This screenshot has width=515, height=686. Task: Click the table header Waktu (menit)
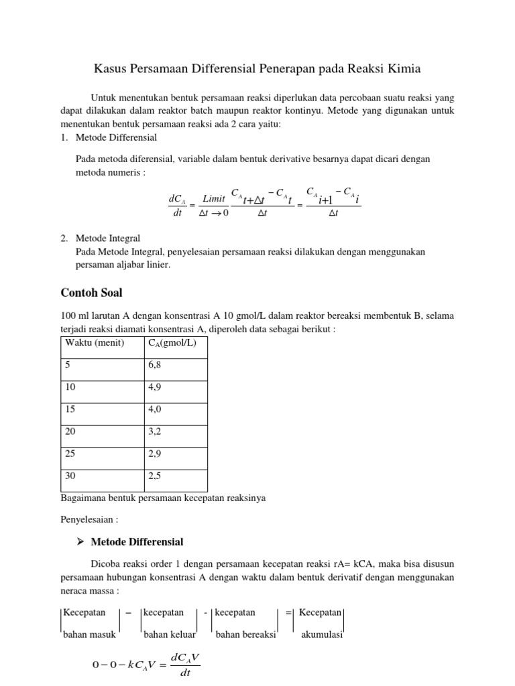(95, 343)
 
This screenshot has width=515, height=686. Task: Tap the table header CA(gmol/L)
(172, 343)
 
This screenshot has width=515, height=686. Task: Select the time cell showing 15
(70, 410)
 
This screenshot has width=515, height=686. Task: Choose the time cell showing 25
(70, 454)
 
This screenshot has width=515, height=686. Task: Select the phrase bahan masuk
(89, 635)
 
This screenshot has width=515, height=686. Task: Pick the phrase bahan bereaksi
(246, 635)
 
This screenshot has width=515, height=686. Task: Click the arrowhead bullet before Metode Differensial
(80, 541)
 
